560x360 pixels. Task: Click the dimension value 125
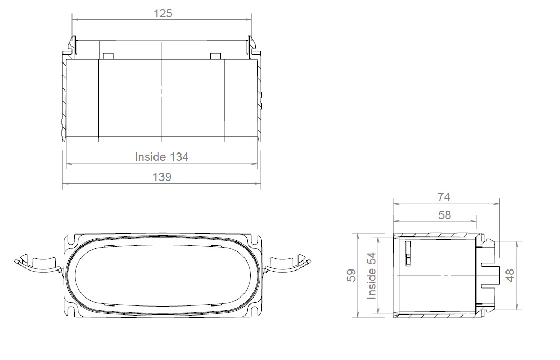pos(162,13)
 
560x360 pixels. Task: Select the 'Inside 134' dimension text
pos(161,157)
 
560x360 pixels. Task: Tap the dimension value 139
pos(161,177)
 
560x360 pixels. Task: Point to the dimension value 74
pos(444,197)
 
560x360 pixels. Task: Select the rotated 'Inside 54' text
pos(372,275)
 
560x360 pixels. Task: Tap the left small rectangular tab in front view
pos(107,56)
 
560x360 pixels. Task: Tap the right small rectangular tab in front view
pos(215,56)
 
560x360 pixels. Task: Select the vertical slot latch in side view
pos(408,253)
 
